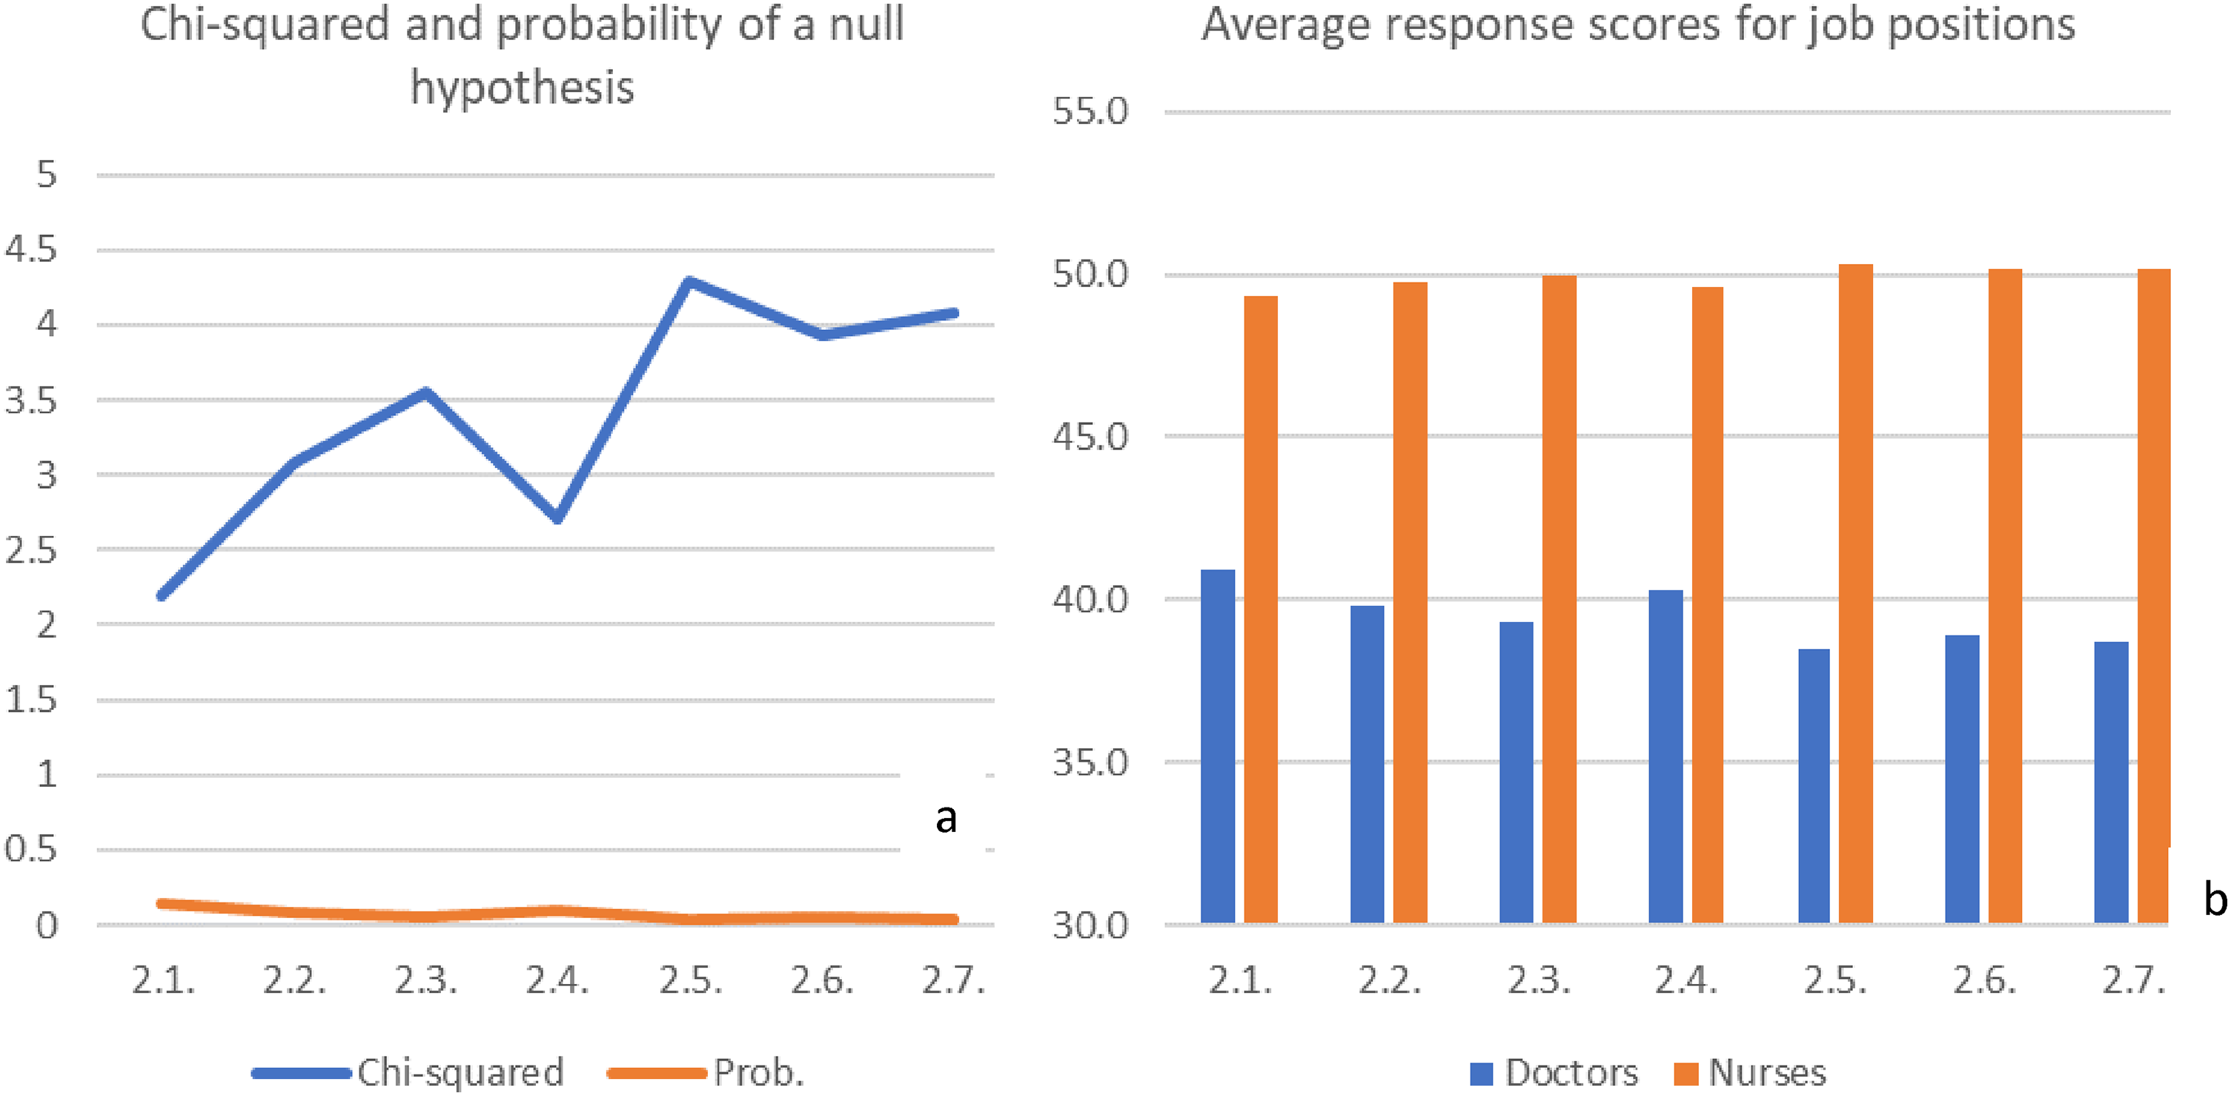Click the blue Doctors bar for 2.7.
click(x=2111, y=783)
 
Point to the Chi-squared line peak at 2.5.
click(x=689, y=282)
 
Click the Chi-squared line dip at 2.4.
click(x=557, y=518)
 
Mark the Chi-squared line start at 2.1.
click(x=163, y=595)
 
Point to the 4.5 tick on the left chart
click(x=31, y=249)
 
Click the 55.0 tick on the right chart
click(x=1090, y=112)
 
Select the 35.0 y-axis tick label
click(x=1090, y=762)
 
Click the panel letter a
click(x=947, y=818)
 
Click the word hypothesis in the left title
click(x=523, y=88)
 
